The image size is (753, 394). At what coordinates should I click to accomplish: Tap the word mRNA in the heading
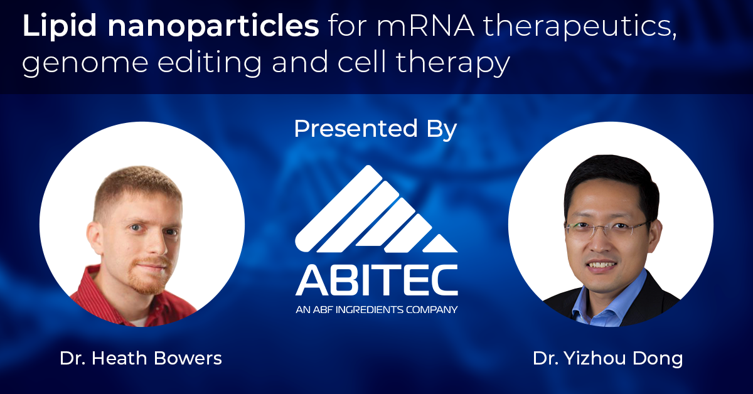pos(425,26)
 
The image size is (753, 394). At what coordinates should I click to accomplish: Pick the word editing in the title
pos(210,62)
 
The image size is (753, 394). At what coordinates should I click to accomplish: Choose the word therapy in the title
pos(453,63)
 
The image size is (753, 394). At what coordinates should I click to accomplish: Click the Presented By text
pos(375,129)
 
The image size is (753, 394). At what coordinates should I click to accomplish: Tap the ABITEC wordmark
pos(376,280)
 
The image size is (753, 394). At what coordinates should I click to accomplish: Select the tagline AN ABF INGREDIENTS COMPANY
pos(376,309)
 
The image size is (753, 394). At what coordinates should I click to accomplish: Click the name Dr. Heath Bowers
pos(141,358)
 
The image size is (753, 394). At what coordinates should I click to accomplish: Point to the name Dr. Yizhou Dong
pos(608,359)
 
